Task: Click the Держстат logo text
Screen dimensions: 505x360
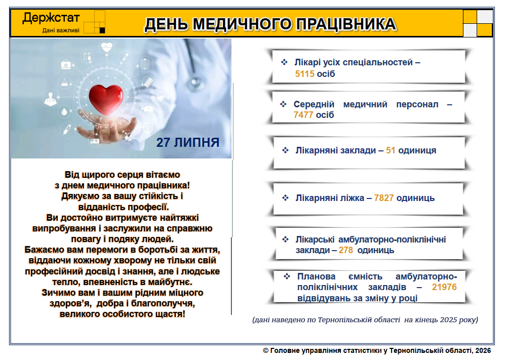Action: pyautogui.click(x=51, y=18)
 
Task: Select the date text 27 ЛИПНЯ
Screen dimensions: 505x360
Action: pyautogui.click(x=188, y=142)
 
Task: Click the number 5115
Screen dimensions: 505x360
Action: pyautogui.click(x=305, y=74)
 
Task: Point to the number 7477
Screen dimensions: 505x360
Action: pyautogui.click(x=303, y=115)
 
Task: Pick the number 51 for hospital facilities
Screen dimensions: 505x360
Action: pyautogui.click(x=391, y=150)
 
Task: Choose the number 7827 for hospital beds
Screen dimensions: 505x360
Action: pyautogui.click(x=384, y=197)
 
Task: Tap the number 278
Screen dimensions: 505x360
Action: pyautogui.click(x=346, y=250)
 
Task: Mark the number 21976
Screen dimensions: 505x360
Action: pyautogui.click(x=444, y=287)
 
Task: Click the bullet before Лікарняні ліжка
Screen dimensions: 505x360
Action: pyautogui.click(x=285, y=197)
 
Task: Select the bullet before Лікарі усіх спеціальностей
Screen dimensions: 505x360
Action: pyautogui.click(x=284, y=62)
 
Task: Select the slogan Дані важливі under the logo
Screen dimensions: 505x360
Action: pyautogui.click(x=61, y=30)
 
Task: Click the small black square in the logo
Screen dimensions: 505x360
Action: pyautogui.click(x=102, y=30)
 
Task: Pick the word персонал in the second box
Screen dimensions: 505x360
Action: pyautogui.click(x=417, y=104)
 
